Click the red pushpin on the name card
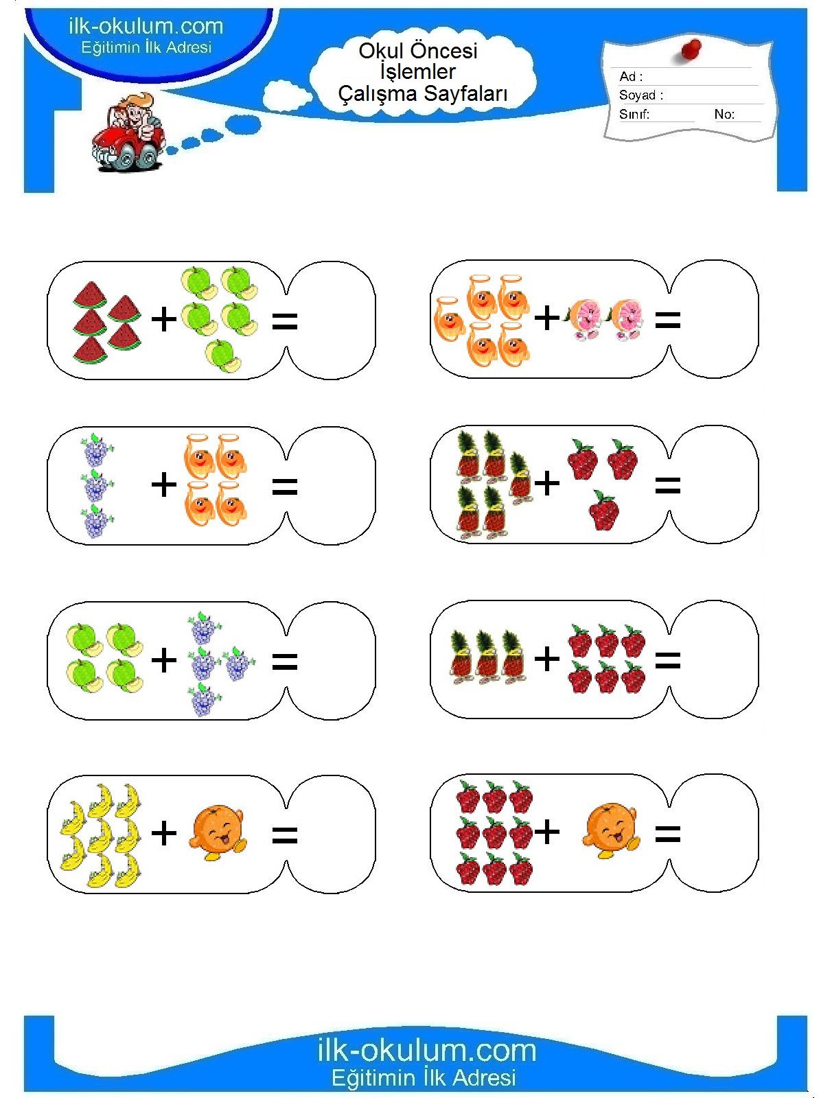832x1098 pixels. coord(691,49)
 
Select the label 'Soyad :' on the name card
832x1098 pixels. coord(640,95)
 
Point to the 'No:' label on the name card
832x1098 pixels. coord(724,115)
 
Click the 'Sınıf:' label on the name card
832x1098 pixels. coord(634,115)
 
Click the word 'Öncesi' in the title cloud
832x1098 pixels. coord(446,51)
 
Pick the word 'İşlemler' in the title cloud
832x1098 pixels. coord(417,72)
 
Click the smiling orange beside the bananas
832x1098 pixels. coord(217,832)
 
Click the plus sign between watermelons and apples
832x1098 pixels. coord(164,319)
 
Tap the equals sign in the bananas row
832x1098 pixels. coord(285,835)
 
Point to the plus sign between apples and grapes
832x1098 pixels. coord(164,660)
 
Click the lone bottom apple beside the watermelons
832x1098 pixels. coord(222,356)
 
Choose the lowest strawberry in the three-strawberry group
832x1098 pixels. coord(604,511)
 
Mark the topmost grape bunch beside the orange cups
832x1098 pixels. coord(96,450)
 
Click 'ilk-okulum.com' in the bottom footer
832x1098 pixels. coord(426,1050)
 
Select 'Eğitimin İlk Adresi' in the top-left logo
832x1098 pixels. coord(146,47)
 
